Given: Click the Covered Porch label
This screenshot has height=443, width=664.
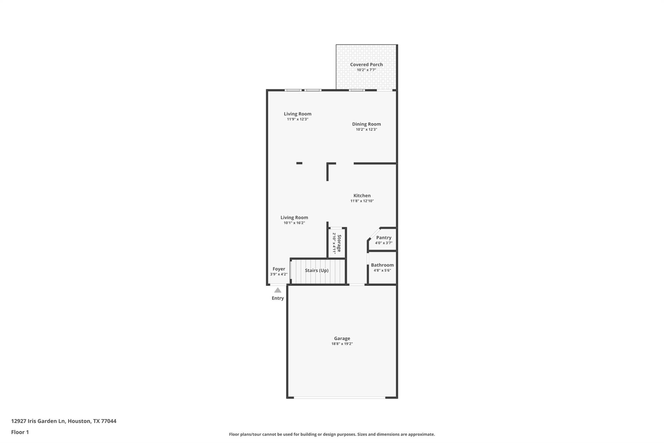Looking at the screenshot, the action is coord(366,65).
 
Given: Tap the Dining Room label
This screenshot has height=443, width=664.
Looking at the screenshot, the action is coord(366,124).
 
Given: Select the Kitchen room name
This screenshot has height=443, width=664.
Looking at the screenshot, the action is coord(362,196).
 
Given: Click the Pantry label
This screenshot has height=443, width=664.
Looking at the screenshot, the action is coord(384,238).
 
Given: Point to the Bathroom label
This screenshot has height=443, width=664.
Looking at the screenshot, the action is coord(382,265).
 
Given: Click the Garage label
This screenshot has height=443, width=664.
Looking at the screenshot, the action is coord(342,338).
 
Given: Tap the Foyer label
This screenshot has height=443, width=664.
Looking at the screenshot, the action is coord(279,269).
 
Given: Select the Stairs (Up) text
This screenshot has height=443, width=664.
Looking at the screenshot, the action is coord(317,270).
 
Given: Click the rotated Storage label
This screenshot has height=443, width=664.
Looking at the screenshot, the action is coord(339,243).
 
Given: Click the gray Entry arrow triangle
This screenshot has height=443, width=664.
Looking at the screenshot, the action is coord(278,290).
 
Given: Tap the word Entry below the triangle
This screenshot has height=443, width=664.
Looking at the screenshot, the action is coord(278,298).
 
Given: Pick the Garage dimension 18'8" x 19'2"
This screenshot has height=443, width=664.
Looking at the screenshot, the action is coord(342,344).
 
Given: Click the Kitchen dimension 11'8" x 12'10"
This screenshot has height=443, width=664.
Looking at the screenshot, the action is coord(362,201).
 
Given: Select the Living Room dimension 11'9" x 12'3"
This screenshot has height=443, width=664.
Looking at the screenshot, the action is coord(298,119).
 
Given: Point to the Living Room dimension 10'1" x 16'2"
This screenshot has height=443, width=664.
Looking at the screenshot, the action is coord(294,223).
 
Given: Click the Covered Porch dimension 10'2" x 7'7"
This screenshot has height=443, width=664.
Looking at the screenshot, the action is coord(366,70).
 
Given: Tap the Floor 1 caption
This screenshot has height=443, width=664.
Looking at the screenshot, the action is coord(20,432).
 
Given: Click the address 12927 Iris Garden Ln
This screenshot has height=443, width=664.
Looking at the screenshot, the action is coord(38,421).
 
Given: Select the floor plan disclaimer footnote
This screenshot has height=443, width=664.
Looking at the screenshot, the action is coord(332,434).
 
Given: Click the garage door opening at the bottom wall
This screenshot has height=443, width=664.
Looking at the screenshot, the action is coord(339,398).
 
